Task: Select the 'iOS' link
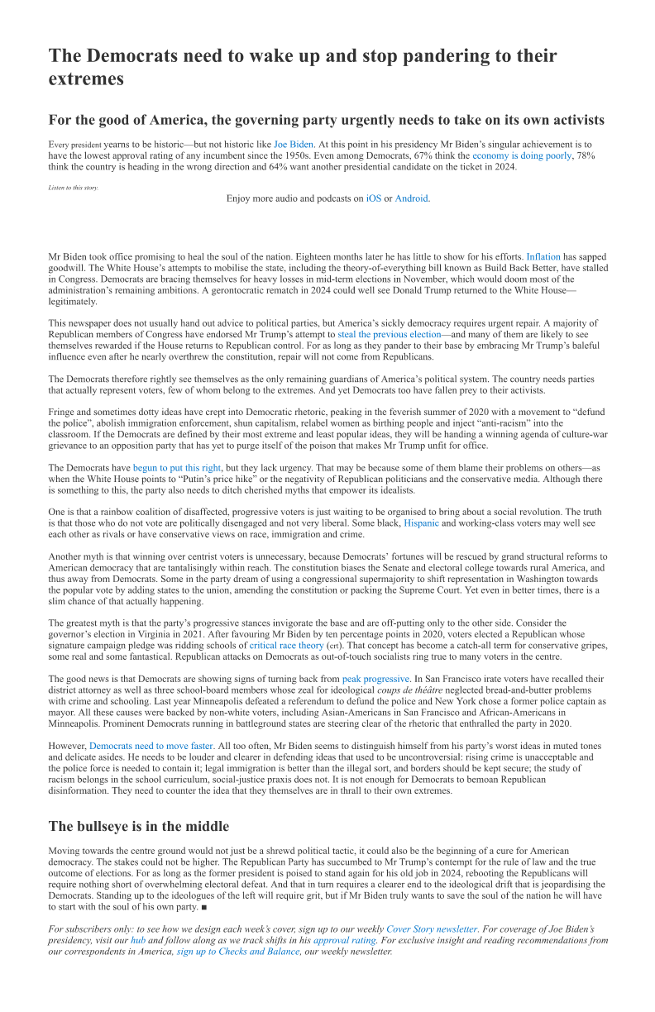(x=374, y=198)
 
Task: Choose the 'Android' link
(x=412, y=198)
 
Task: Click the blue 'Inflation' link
(x=543, y=257)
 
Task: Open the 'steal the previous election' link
(x=378, y=334)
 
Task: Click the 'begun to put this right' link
(x=177, y=467)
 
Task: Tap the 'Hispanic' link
(x=421, y=523)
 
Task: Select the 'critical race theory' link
(x=286, y=645)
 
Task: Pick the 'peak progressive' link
(x=375, y=679)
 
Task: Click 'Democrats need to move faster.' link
(x=151, y=746)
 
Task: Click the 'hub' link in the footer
(x=138, y=940)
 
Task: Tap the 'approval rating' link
(x=344, y=940)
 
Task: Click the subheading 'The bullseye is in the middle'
(x=138, y=826)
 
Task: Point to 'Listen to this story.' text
(x=73, y=188)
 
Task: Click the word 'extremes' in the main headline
(x=86, y=79)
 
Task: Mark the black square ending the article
(x=203, y=907)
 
